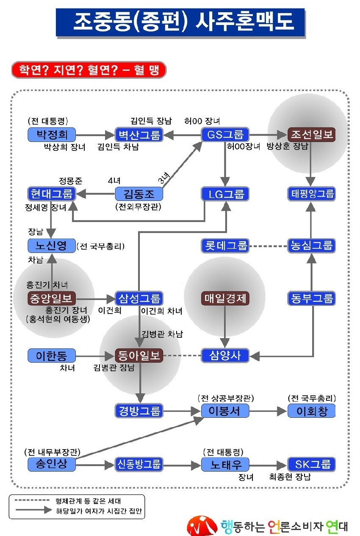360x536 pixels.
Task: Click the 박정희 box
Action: tap(52, 134)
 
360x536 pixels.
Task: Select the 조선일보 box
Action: tap(311, 134)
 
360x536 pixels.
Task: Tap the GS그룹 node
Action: tap(225, 134)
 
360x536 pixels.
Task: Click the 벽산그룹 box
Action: tap(139, 134)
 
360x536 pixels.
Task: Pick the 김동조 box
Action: tap(139, 194)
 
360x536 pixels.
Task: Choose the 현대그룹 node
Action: tap(52, 194)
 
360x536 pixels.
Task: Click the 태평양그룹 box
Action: tap(311, 194)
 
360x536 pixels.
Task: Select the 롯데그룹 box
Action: tap(225, 245)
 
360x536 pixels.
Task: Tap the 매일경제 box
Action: tap(225, 298)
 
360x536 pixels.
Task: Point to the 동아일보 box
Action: tap(139, 355)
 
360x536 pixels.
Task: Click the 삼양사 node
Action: tap(225, 355)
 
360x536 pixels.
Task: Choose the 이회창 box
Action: tap(311, 411)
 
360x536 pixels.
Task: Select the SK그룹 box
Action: tap(311, 465)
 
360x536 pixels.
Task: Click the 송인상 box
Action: tap(52, 465)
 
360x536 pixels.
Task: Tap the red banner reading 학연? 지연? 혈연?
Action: tap(89, 70)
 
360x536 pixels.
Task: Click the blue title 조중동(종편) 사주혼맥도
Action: tap(180, 23)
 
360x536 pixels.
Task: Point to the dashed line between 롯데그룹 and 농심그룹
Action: tap(268, 246)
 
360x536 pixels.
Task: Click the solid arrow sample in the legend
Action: tap(33, 510)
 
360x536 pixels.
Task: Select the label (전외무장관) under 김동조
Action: tap(138, 206)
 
